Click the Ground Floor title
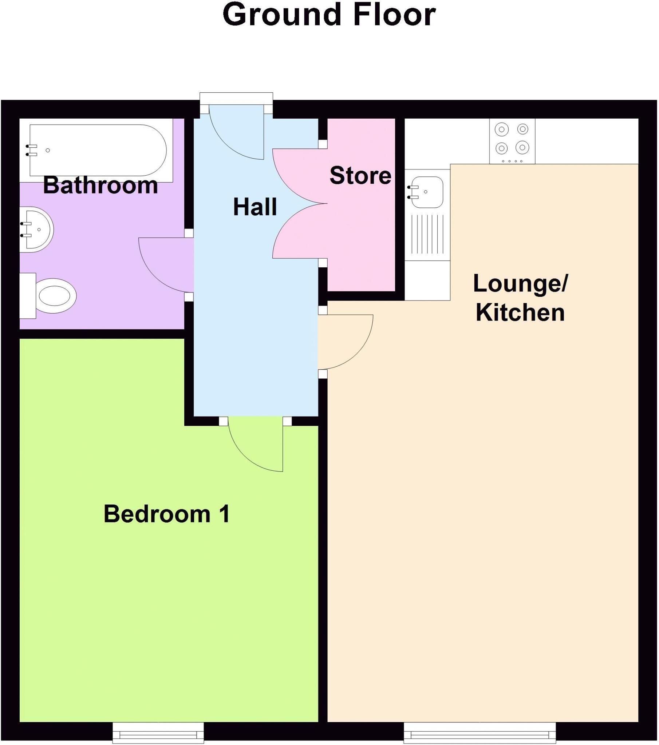pos(329,15)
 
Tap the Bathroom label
pos(100,185)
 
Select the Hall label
pos(255,207)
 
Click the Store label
pos(360,176)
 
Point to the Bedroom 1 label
pos(167,514)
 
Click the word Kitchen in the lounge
pos(520,313)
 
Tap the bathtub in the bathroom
pos(99,150)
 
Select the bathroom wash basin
pos(36,230)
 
